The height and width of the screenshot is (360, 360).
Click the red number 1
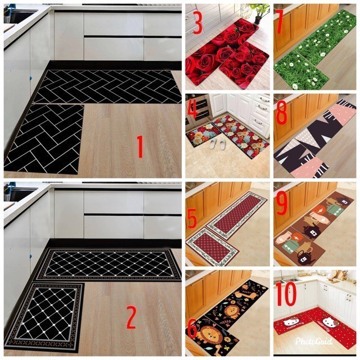[x=140, y=147]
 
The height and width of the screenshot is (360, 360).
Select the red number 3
[x=198, y=22]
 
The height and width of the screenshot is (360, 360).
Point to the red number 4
[x=192, y=110]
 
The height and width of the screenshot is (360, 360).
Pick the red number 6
[x=192, y=328]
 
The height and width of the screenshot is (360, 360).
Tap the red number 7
[x=280, y=22]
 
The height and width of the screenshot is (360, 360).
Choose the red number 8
[x=282, y=113]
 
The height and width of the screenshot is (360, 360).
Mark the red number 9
[x=282, y=203]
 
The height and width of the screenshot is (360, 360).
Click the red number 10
[x=286, y=294]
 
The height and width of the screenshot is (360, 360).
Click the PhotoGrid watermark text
[x=314, y=341]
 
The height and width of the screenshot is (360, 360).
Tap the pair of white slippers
[x=217, y=144]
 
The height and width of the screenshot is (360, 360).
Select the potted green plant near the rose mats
[x=259, y=12]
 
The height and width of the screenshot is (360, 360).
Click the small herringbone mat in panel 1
[x=44, y=138]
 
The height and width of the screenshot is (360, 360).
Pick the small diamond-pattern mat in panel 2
[x=44, y=317]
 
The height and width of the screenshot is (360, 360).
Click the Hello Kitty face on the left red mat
[x=290, y=322]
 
